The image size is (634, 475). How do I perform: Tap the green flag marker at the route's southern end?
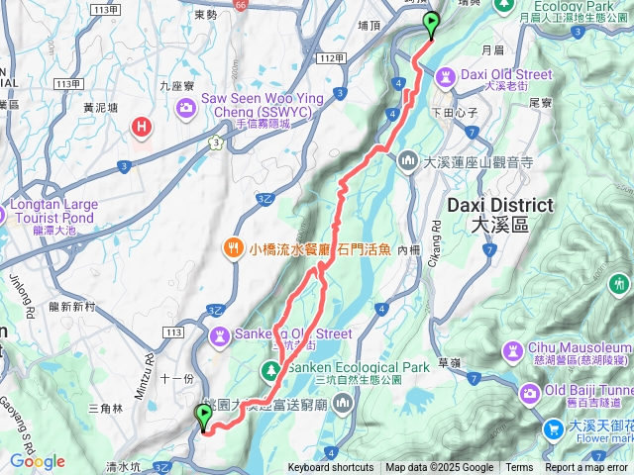204,418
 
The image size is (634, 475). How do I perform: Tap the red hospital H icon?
143,127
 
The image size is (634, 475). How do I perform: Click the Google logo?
38,461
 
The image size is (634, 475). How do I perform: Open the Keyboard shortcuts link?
331,468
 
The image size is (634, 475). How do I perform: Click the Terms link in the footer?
519,468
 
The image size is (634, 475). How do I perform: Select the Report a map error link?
586,468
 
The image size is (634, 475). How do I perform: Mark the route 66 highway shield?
241,4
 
